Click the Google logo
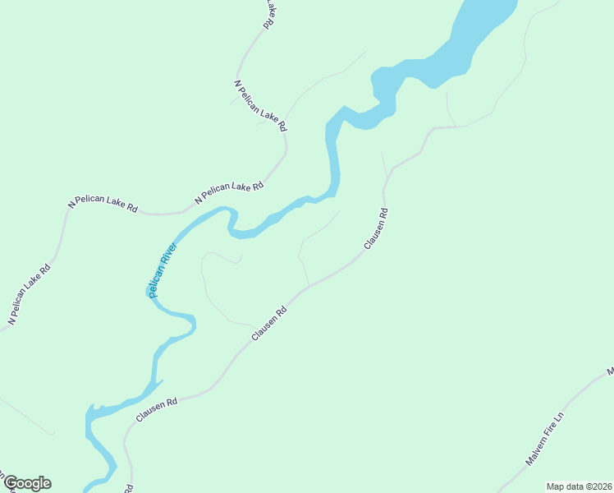(27, 483)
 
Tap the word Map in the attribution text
(555, 486)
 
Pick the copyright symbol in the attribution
(587, 486)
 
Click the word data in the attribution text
(573, 486)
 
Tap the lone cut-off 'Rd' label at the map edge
(129, 488)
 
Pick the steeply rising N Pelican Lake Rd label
(30, 293)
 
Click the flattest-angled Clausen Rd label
(157, 409)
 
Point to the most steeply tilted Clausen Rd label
(376, 229)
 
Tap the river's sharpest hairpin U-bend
(233, 218)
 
